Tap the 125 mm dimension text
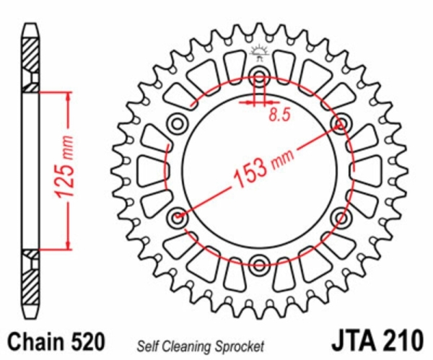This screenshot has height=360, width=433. click(64, 166)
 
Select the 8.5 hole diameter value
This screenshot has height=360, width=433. click(280, 115)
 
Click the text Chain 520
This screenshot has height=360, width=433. click(56, 341)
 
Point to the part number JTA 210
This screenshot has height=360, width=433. click(377, 340)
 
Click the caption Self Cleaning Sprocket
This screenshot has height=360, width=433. click(201, 346)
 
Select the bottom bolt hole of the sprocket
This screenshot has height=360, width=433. click(259, 265)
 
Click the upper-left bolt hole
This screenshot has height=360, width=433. click(177, 123)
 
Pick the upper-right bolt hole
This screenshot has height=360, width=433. click(341, 123)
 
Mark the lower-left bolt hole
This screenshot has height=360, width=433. click(177, 218)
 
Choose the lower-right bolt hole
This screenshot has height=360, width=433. click(341, 218)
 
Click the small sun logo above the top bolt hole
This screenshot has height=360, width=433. click(259, 54)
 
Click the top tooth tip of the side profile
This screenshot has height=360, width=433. click(30, 25)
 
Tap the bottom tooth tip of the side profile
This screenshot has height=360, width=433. click(30, 318)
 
